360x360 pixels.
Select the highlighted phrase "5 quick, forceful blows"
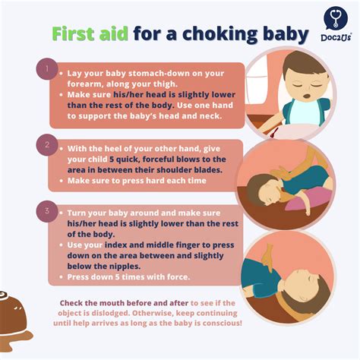[x=156, y=159]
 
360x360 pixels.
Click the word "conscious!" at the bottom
[x=218, y=323]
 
